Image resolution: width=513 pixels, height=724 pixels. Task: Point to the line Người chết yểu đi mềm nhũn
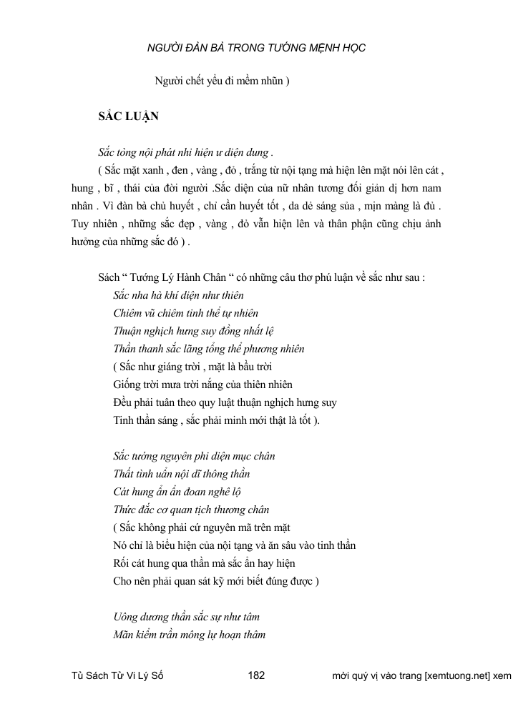pyautogui.click(x=222, y=81)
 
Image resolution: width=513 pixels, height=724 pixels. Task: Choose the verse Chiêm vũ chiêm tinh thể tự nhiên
pyautogui.click(x=186, y=313)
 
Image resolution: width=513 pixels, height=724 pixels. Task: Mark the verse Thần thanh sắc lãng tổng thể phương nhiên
pyautogui.click(x=209, y=349)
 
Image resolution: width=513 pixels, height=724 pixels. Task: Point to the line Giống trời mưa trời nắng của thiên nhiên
pyautogui.click(x=202, y=385)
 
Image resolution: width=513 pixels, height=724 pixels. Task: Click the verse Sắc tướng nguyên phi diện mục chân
pyautogui.click(x=194, y=456)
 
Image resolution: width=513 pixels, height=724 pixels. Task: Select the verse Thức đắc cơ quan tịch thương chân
pyautogui.click(x=191, y=510)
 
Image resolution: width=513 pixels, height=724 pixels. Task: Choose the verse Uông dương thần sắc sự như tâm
pyautogui.click(x=186, y=615)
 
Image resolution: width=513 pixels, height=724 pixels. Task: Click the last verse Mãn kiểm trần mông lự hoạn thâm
pyautogui.click(x=190, y=633)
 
